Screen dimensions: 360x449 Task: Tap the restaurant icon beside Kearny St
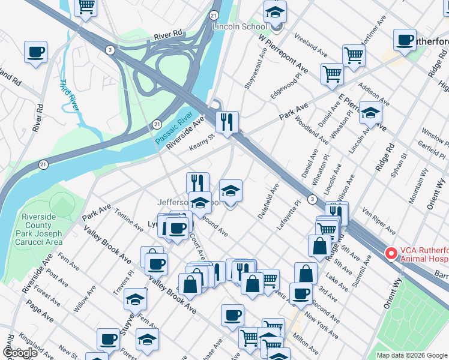[227, 122]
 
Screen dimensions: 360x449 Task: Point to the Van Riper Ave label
[379, 221]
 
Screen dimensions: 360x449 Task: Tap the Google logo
[19, 353]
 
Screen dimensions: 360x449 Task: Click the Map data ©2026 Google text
[411, 355]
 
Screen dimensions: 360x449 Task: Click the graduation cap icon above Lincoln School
[275, 11]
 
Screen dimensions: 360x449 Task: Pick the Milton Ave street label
[307, 344]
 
